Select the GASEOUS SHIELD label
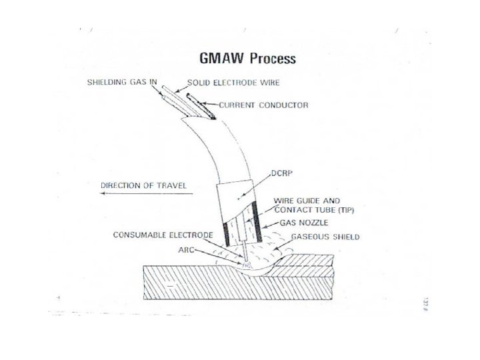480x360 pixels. click(329, 236)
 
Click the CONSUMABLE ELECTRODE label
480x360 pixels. click(163, 235)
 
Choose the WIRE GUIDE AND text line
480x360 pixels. click(307, 200)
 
